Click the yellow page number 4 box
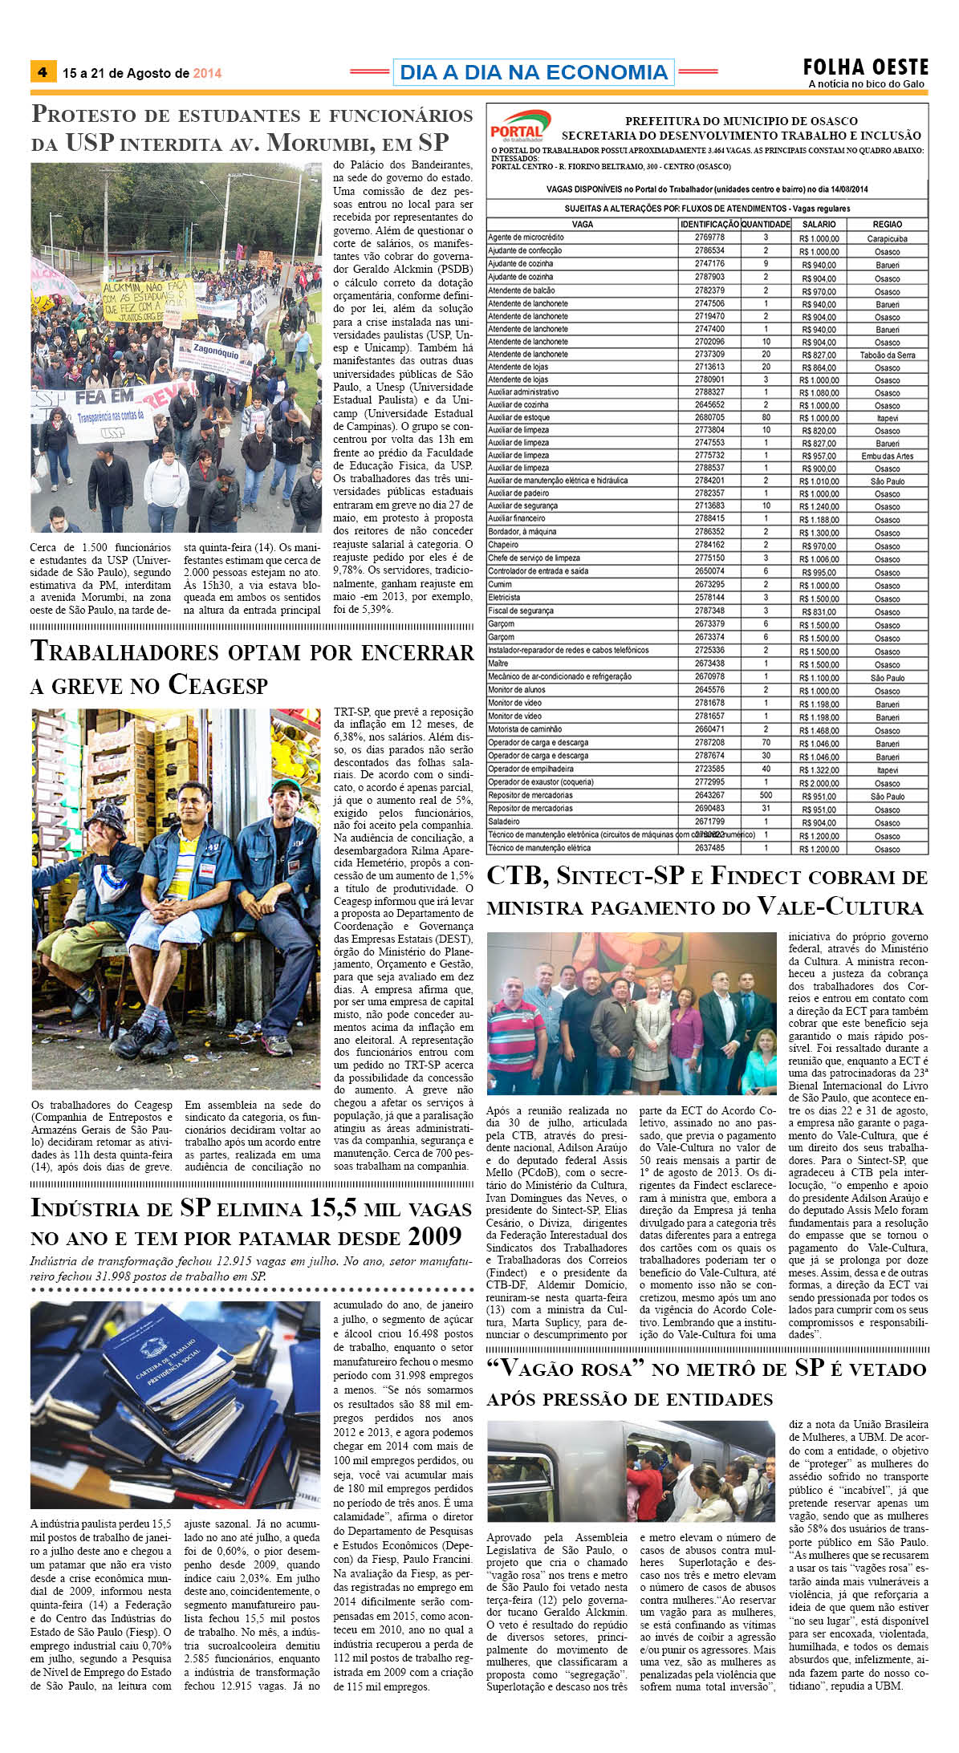click(42, 72)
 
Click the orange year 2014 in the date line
click(207, 73)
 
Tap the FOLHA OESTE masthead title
click(865, 67)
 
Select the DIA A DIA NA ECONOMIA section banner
click(533, 72)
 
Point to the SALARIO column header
click(819, 225)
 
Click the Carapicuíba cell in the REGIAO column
click(887, 238)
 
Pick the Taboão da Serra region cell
click(887, 355)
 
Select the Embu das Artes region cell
click(887, 456)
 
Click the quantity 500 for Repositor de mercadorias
click(766, 795)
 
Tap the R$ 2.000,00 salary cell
click(819, 783)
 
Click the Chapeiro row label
click(503, 545)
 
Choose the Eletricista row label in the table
click(505, 597)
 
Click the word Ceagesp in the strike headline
click(217, 685)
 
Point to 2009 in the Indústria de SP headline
click(434, 1236)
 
